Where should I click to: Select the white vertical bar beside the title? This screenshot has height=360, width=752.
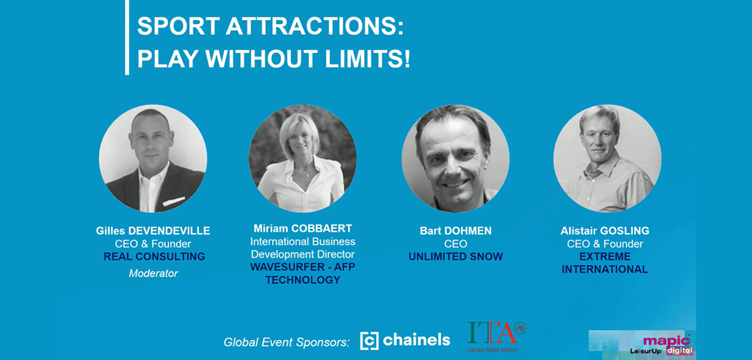[x=127, y=38]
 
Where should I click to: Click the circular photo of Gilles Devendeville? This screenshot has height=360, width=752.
[x=153, y=158]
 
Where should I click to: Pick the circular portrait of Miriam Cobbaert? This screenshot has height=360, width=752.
[x=303, y=158]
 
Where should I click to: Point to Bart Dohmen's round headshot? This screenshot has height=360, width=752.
[x=456, y=158]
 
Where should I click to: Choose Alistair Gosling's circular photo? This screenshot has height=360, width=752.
[x=607, y=158]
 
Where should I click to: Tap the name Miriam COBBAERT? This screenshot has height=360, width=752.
[x=303, y=228]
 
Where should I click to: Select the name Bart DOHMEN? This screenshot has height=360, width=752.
[x=456, y=230]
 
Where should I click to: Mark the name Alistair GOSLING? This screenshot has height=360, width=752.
[x=605, y=230]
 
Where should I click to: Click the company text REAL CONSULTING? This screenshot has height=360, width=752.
[x=154, y=257]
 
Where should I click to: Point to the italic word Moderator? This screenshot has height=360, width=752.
[x=153, y=273]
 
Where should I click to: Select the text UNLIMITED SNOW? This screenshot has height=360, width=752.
[x=456, y=257]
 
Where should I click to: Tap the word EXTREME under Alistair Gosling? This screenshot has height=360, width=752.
[x=605, y=257]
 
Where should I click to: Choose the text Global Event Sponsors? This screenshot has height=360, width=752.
[x=286, y=343]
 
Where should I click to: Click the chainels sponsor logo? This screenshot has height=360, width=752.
[x=405, y=340]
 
